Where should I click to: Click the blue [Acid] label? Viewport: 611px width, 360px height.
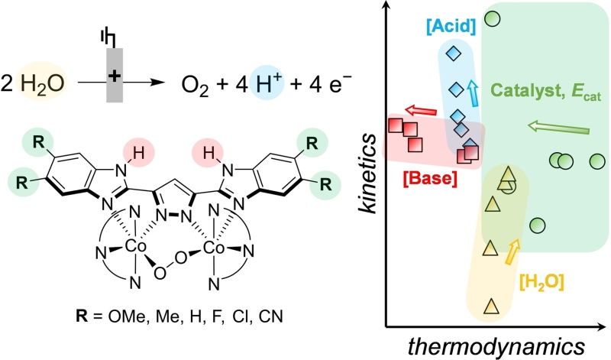(x=451, y=27)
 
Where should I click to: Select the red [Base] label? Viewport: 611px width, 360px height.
(x=430, y=179)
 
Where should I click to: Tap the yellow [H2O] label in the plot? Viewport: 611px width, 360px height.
(x=542, y=282)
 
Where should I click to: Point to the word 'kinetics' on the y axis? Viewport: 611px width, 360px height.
(x=367, y=174)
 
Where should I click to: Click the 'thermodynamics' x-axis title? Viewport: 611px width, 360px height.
(x=496, y=346)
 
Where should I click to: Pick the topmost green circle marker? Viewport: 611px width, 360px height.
(x=493, y=18)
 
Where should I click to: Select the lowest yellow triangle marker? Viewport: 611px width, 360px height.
(x=491, y=306)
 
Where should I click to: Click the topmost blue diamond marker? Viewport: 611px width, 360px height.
(x=453, y=53)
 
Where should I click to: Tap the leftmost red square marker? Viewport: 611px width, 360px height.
(x=396, y=125)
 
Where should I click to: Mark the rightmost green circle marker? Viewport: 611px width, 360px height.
(x=597, y=161)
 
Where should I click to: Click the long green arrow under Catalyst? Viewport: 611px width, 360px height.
(x=558, y=128)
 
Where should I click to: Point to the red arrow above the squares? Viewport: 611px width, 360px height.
(x=422, y=110)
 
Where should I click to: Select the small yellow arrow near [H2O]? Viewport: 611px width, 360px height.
(x=512, y=252)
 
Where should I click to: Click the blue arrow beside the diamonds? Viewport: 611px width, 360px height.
(x=473, y=92)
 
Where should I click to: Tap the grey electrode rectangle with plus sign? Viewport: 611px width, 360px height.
(x=115, y=75)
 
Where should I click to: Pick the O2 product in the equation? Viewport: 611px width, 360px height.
(x=196, y=85)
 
